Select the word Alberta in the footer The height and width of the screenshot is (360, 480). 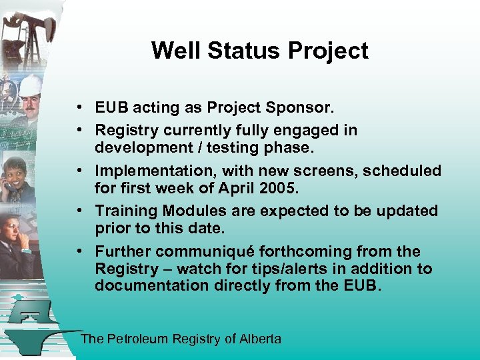[x=260, y=339]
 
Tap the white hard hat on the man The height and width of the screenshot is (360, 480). [x=30, y=85]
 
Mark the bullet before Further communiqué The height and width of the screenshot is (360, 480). [x=79, y=251]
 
